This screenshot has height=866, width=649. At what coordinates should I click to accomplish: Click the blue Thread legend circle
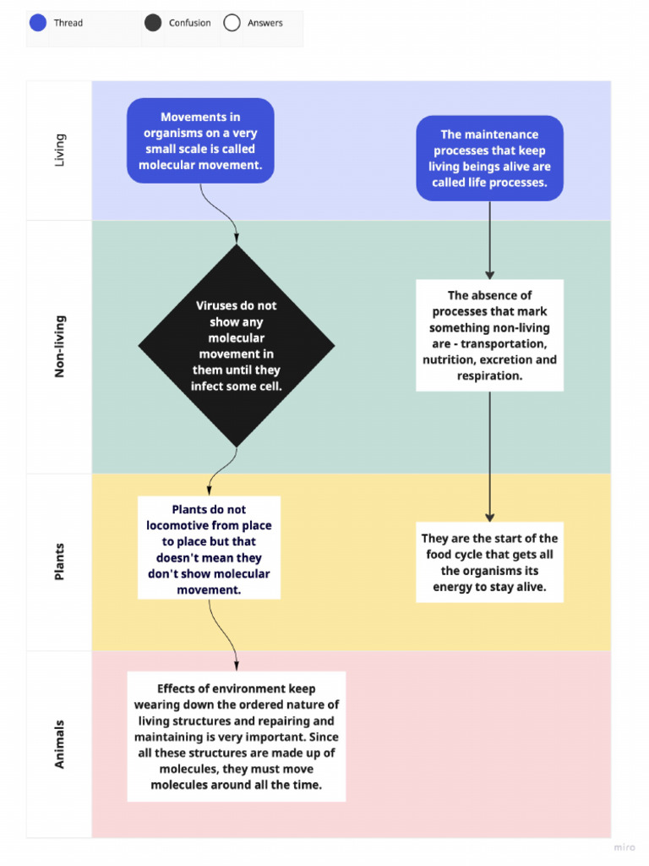pyautogui.click(x=37, y=23)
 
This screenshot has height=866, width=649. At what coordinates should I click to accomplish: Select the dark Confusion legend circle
pyautogui.click(x=153, y=23)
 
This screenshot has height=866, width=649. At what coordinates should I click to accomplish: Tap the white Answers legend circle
pyautogui.click(x=232, y=23)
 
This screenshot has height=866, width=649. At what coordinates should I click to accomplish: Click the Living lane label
pyautogui.click(x=59, y=150)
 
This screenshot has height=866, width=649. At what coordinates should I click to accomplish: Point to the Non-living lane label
pyautogui.click(x=59, y=346)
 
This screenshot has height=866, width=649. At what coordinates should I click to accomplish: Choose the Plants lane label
pyautogui.click(x=59, y=562)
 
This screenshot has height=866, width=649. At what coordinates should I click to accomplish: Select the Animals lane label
pyautogui.click(x=59, y=744)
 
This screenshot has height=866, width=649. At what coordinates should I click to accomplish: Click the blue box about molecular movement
pyautogui.click(x=200, y=141)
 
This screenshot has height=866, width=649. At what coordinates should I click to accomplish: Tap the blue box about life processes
pyautogui.click(x=489, y=158)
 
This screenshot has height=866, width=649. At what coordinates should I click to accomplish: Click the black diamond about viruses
pyautogui.click(x=237, y=346)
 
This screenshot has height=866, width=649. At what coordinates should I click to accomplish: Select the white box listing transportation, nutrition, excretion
pyautogui.click(x=489, y=335)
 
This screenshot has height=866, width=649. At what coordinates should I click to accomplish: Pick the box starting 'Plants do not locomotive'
pyautogui.click(x=209, y=548)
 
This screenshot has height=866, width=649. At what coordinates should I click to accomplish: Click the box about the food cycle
pyautogui.click(x=489, y=562)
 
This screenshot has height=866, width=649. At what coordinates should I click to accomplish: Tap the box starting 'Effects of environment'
pyautogui.click(x=237, y=737)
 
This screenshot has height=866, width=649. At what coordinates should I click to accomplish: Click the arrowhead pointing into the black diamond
pyautogui.click(x=237, y=238)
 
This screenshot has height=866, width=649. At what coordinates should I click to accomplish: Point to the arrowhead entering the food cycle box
pyautogui.click(x=489, y=518)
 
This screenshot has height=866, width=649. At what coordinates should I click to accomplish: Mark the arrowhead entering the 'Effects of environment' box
pyautogui.click(x=237, y=666)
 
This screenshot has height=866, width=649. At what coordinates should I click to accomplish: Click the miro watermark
pyautogui.click(x=624, y=847)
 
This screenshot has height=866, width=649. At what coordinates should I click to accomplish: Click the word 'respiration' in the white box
pyautogui.click(x=489, y=375)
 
